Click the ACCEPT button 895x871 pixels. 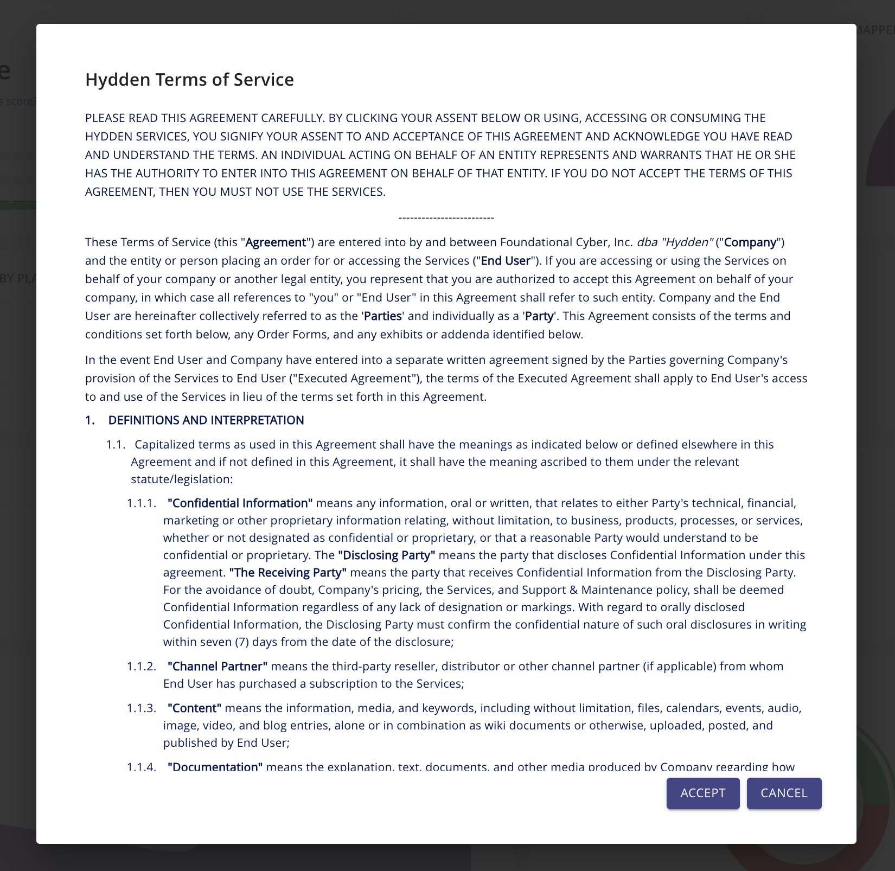[702, 793]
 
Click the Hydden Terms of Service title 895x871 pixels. [189, 80]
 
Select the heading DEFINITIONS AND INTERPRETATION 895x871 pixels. [206, 420]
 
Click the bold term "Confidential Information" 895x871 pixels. [240, 503]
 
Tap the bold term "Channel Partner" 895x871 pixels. [217, 666]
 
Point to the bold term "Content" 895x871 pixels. [194, 708]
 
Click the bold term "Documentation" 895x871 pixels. [215, 767]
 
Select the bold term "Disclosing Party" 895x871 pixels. [386, 555]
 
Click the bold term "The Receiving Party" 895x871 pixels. [287, 573]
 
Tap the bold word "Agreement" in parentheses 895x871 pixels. [276, 242]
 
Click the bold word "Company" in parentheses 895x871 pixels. [750, 242]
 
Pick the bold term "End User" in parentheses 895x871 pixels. [506, 261]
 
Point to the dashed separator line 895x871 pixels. [446, 218]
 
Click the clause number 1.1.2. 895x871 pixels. [141, 666]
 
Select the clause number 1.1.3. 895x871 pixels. [141, 708]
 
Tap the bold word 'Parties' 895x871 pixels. [383, 316]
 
